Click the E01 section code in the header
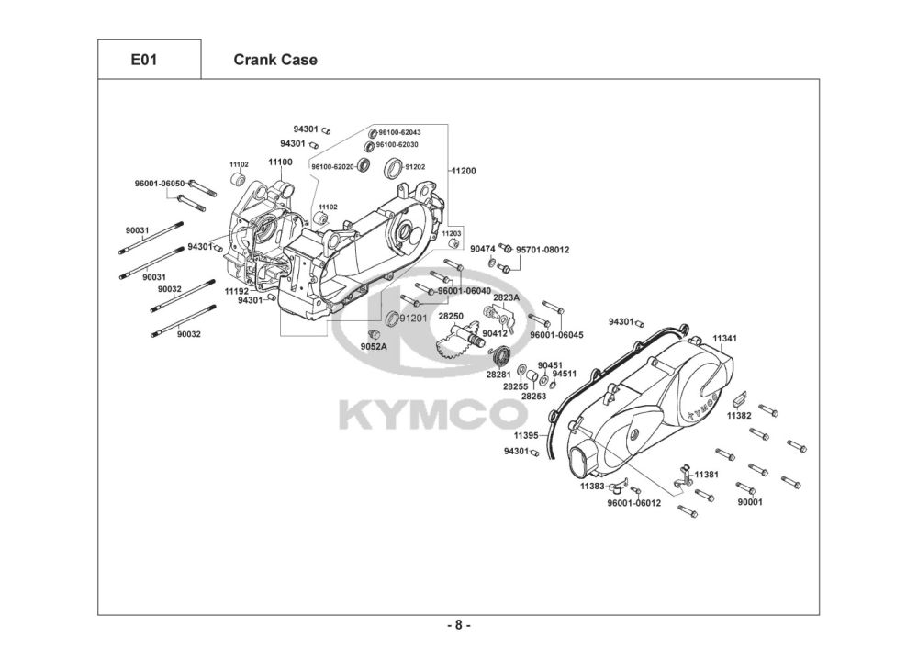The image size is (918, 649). [144, 60]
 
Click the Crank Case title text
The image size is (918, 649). [275, 60]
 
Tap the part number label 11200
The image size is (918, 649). [464, 171]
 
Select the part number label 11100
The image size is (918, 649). [280, 162]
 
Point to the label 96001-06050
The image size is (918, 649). [159, 184]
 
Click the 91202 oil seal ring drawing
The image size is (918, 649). [394, 167]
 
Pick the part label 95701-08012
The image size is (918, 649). [543, 250]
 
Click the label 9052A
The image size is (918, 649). [374, 346]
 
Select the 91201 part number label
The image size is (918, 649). [413, 318]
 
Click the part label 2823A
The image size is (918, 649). [507, 297]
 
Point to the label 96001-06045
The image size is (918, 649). [557, 335]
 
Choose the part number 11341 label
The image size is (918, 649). [725, 338]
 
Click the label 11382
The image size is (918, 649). [739, 416]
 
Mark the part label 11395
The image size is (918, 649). [526, 435]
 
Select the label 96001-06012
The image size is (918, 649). [634, 503]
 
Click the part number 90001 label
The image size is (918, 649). [751, 502]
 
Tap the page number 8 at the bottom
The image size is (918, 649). [459, 625]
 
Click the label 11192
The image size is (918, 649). [237, 291]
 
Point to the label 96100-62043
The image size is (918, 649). [399, 132]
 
